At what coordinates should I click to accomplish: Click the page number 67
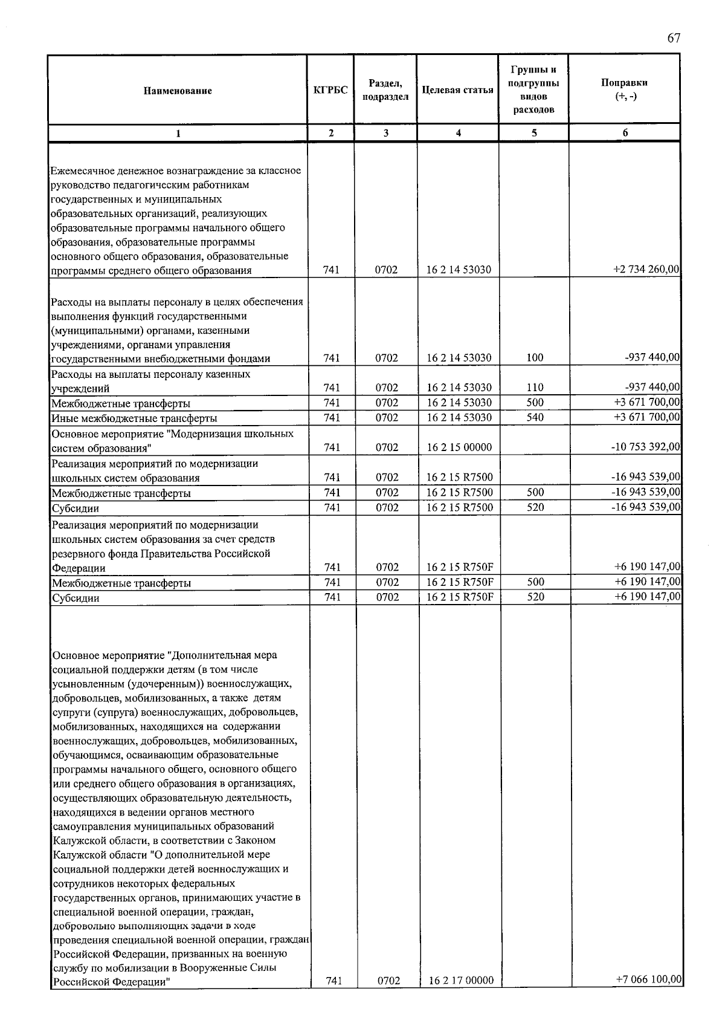click(x=674, y=38)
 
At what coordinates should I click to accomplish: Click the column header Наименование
click(x=178, y=91)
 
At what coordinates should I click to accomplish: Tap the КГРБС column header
click(x=330, y=91)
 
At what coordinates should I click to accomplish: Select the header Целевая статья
click(x=457, y=91)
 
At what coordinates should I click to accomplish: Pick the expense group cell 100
click(x=535, y=358)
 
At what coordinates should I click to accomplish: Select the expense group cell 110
click(x=535, y=388)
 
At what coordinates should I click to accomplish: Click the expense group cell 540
click(x=535, y=417)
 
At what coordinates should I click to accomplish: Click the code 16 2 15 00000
click(x=459, y=447)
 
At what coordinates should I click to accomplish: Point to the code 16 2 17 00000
click(x=461, y=980)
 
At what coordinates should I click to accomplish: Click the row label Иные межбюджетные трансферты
click(x=134, y=418)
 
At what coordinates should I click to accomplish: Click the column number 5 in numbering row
click(x=534, y=134)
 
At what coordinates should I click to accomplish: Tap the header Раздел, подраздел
click(x=385, y=90)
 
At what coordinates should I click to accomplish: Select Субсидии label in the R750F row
click(x=76, y=598)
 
